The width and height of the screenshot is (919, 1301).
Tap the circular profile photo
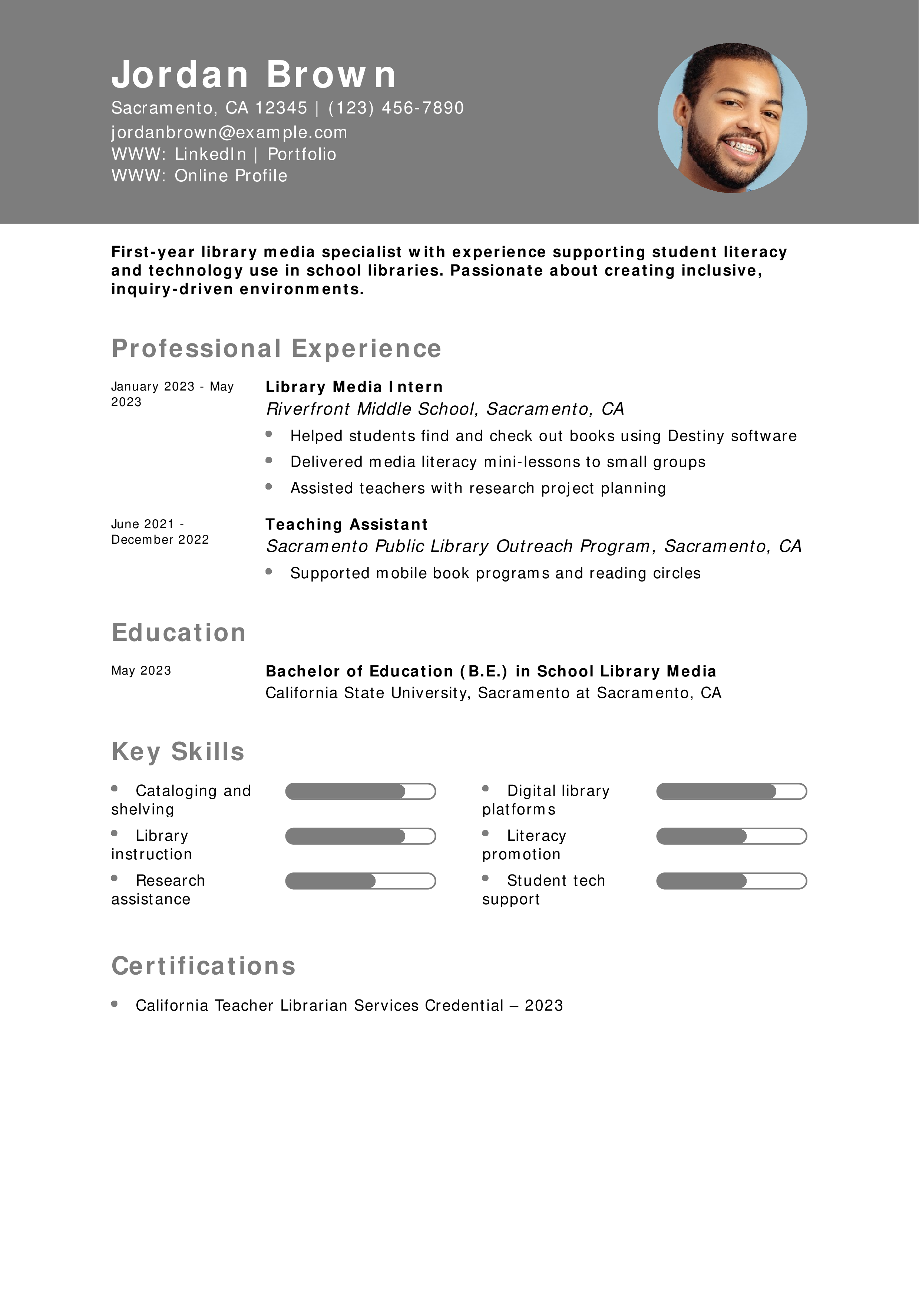pos(732,118)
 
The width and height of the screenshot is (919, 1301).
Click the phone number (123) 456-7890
pos(396,108)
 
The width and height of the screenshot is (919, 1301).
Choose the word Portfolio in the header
pos(302,154)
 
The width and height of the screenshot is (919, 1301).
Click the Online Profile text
pos(231,176)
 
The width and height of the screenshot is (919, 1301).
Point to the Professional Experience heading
pos(276,349)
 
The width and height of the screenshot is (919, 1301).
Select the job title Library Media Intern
pos(354,387)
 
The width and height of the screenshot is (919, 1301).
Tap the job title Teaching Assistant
pos(347,525)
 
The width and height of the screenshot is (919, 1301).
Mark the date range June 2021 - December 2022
pos(160,531)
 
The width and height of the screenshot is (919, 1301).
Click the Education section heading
pos(178,632)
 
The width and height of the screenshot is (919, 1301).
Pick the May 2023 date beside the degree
pos(141,671)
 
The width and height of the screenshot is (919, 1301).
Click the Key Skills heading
pos(178,751)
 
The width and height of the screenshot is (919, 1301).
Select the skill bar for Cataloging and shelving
pos(360,791)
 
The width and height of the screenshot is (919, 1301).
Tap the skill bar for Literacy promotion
pos(731,836)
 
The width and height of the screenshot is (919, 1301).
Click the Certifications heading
pos(203,966)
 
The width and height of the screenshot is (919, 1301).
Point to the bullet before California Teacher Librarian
pos(115,1004)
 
